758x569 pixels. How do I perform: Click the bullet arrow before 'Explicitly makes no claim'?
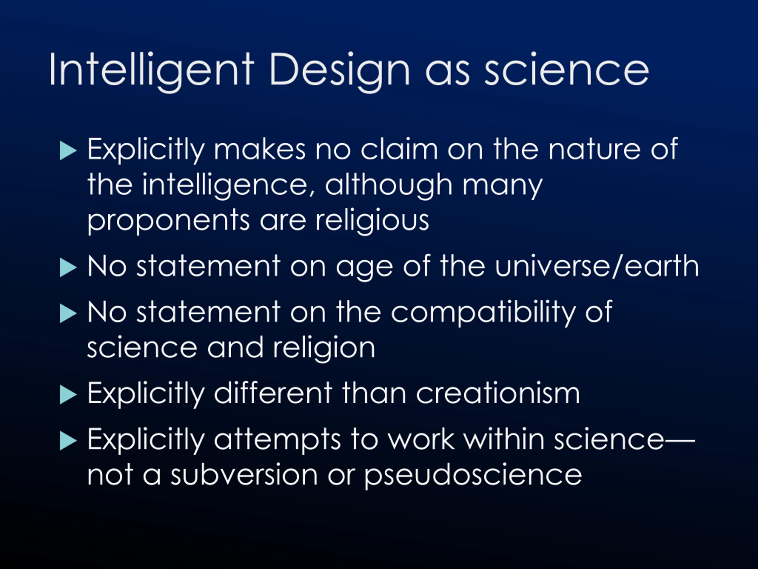click(68, 151)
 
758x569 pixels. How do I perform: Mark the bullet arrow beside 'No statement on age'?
click(68, 267)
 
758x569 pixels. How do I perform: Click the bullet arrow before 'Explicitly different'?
click(68, 395)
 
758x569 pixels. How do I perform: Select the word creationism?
click(498, 393)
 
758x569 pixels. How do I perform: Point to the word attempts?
click(277, 440)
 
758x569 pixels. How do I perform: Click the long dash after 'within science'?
click(680, 439)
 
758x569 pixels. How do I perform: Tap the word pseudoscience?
click(473, 476)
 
